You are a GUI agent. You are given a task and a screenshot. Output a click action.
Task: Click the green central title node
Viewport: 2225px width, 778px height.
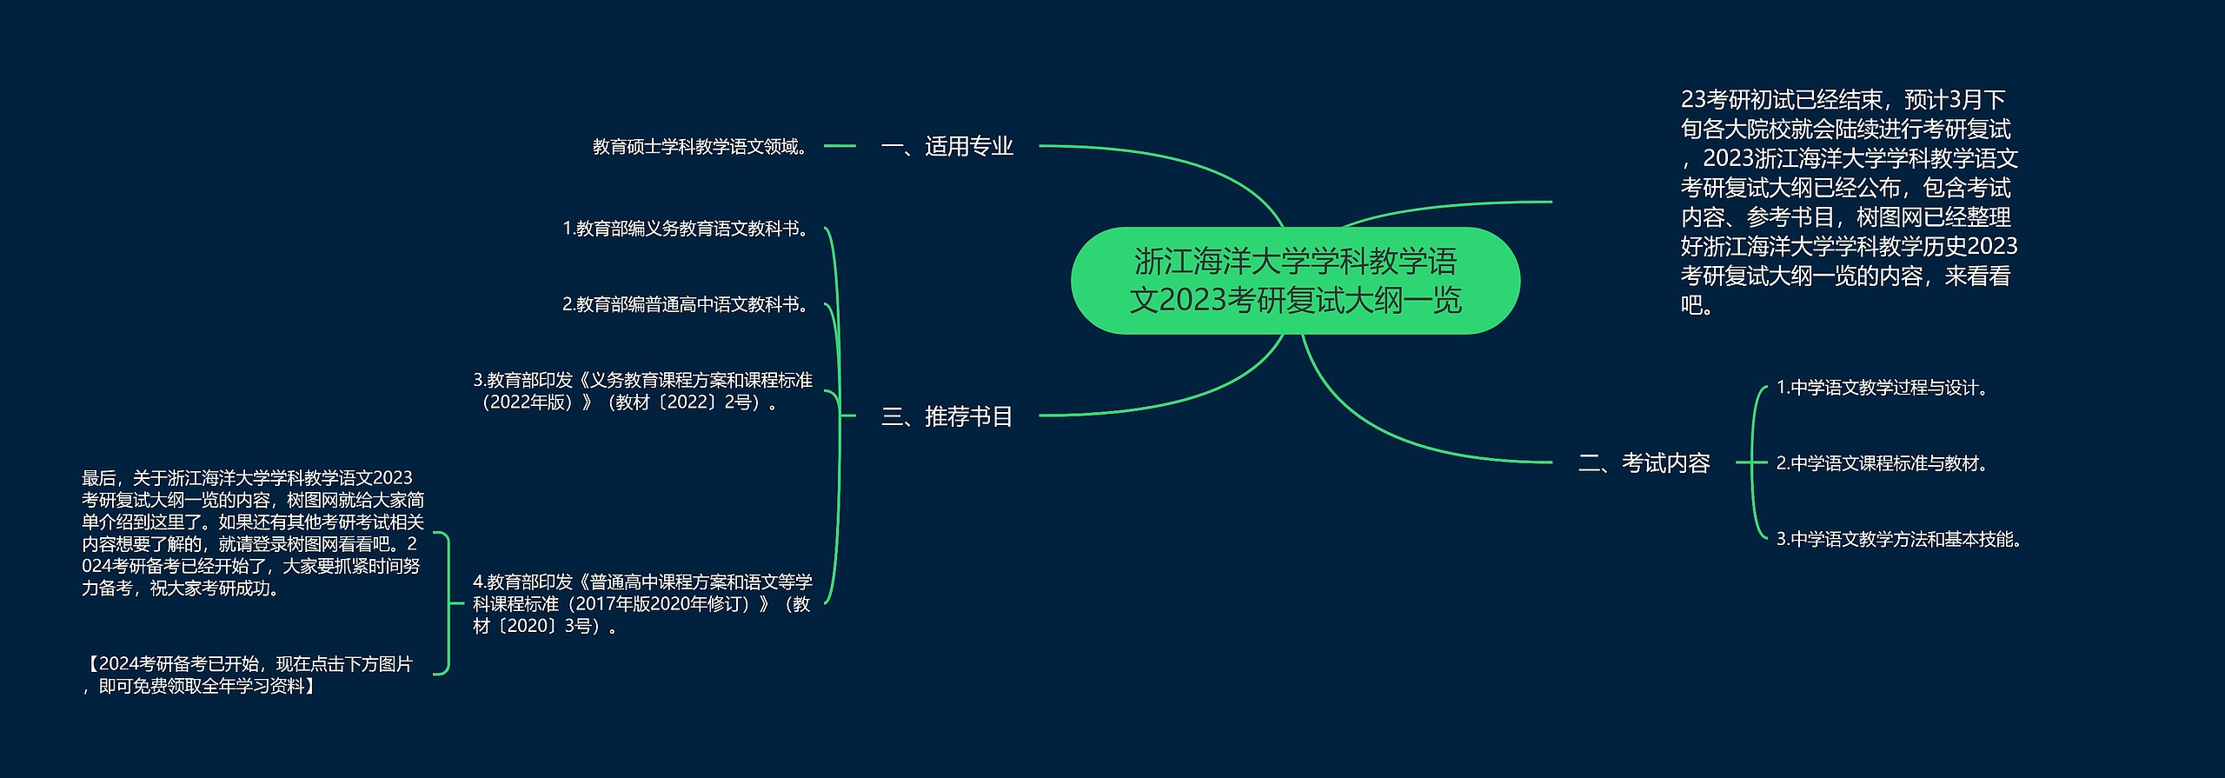(1295, 281)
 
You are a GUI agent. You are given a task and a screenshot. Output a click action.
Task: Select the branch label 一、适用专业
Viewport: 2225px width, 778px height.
(947, 146)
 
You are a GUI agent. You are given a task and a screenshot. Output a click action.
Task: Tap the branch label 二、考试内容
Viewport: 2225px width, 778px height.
(1644, 462)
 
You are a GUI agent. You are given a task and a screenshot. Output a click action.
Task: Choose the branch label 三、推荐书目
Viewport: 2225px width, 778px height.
(947, 416)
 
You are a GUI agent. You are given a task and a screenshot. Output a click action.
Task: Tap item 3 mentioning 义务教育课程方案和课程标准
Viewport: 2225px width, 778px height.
(643, 391)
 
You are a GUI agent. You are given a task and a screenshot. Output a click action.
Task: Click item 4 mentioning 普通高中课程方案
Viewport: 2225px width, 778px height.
(643, 603)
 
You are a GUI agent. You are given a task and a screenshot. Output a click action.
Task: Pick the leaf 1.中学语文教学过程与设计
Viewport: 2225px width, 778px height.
(1883, 388)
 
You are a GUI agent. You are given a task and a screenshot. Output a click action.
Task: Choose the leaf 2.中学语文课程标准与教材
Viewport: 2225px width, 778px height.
(1883, 463)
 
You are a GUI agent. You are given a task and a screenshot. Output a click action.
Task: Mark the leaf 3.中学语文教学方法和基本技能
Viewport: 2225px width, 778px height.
(1900, 539)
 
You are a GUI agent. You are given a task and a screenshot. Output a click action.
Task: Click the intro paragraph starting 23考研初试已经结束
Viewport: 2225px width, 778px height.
(1849, 202)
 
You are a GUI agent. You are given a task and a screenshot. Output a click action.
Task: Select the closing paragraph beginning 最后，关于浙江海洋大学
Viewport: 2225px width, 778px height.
(253, 533)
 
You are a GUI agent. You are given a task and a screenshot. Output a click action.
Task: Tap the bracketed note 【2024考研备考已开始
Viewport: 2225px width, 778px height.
(248, 675)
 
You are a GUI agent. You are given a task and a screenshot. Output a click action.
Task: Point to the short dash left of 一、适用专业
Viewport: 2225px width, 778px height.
(840, 146)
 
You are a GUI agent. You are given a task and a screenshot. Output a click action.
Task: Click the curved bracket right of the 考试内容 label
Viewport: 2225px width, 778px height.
(1752, 462)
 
